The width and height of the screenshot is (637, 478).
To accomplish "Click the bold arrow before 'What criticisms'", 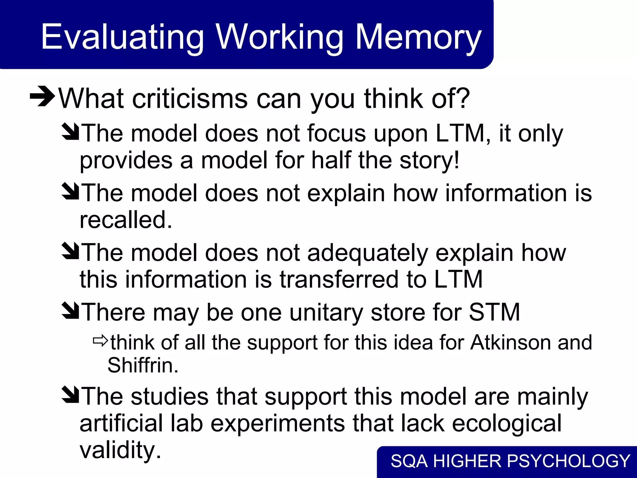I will tap(42, 96).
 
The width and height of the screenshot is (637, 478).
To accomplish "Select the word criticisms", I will tap(190, 99).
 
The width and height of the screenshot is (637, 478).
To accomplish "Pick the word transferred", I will tap(339, 279).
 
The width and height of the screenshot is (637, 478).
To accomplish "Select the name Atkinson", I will tap(510, 342).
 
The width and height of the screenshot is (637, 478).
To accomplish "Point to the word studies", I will tap(170, 396).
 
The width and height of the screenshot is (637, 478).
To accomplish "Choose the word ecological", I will tap(507, 423).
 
